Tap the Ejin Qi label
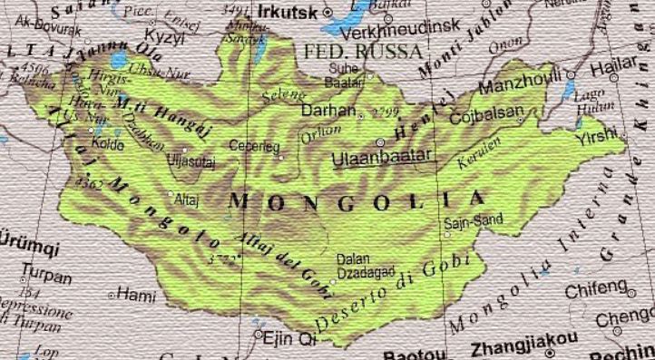289,338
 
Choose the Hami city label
137,294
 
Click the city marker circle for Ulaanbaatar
380,143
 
